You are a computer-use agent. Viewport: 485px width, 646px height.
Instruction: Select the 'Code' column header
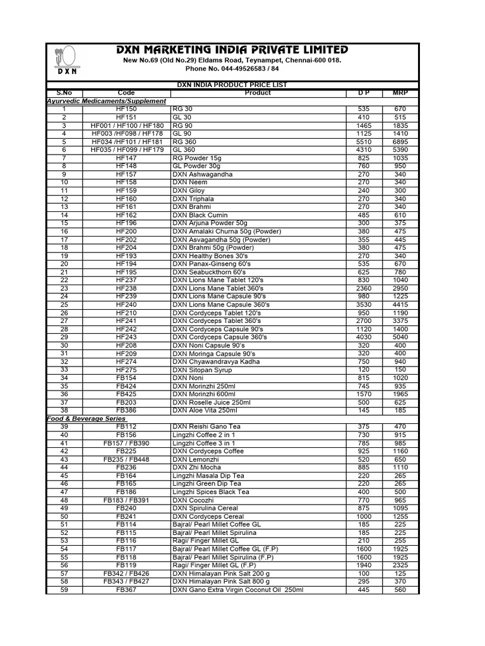click(126, 93)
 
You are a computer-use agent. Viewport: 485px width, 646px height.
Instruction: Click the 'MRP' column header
click(400, 93)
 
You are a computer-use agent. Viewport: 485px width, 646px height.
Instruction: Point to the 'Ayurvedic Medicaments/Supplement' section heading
click(107, 101)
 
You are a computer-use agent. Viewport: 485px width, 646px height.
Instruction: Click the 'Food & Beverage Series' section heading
click(87, 419)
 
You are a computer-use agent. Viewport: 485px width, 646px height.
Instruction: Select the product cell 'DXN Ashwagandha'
click(202, 174)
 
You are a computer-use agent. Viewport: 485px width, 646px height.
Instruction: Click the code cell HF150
click(126, 109)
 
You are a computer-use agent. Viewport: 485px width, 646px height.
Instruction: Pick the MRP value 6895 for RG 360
click(400, 142)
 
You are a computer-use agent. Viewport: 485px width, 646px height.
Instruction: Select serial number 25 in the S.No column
click(64, 304)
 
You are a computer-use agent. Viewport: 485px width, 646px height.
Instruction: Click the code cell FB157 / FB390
click(126, 443)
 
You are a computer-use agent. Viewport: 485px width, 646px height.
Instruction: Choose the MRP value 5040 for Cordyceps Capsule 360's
click(400, 337)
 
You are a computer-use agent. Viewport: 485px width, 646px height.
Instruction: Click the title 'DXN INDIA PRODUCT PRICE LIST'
click(232, 85)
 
